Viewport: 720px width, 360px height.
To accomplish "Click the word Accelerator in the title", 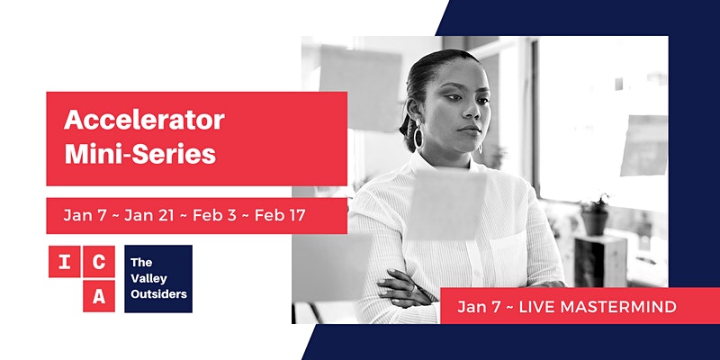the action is pyautogui.click(x=144, y=121).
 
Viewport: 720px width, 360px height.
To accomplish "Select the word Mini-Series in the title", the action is pyautogui.click(x=140, y=154).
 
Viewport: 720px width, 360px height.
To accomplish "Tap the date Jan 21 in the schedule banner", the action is pyautogui.click(x=149, y=216).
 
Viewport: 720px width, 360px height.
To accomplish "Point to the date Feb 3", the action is pyautogui.click(x=214, y=216).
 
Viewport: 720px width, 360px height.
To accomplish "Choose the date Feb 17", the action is pyautogui.click(x=280, y=216).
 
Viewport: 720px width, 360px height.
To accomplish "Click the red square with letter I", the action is pyautogui.click(x=65, y=262).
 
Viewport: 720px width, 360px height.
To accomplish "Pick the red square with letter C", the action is pyautogui.click(x=99, y=262).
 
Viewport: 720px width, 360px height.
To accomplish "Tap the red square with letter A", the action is pyautogui.click(x=99, y=296).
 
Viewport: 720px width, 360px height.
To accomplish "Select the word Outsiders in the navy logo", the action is pyautogui.click(x=159, y=294).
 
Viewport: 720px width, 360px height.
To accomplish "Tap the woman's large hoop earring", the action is pyautogui.click(x=418, y=137).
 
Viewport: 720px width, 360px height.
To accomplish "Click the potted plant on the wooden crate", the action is pyautogui.click(x=595, y=215).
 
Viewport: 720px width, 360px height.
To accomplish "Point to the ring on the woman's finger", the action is pyautogui.click(x=414, y=289).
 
